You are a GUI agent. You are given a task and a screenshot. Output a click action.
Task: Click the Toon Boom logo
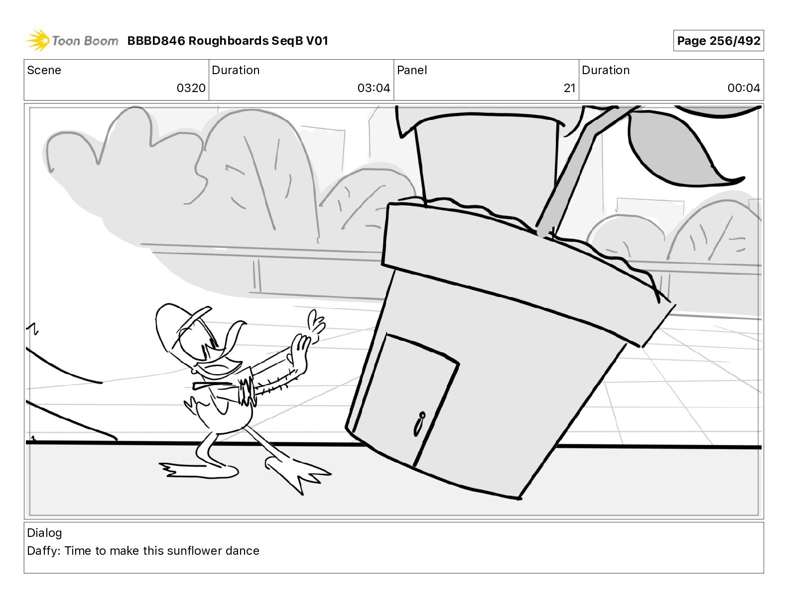72,41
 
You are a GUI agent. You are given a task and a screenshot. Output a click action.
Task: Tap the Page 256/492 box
718,41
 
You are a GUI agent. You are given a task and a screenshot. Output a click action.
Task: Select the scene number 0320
191,88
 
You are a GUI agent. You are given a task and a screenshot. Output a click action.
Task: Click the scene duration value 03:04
374,88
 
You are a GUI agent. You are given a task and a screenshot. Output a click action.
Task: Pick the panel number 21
569,88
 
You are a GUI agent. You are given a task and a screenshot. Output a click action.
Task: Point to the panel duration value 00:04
743,88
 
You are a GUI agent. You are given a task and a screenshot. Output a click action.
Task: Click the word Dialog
44,533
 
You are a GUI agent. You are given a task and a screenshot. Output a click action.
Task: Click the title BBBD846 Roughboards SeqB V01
228,41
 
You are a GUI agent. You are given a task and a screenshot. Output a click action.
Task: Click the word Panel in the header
412,70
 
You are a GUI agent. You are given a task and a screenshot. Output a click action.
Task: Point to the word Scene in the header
44,70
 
